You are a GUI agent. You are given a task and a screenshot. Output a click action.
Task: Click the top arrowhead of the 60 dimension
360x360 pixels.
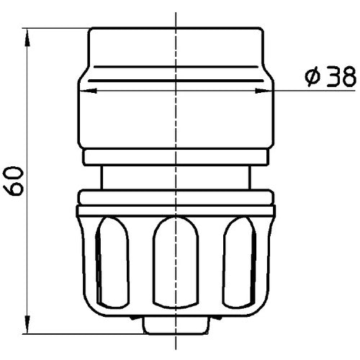(x=27, y=33)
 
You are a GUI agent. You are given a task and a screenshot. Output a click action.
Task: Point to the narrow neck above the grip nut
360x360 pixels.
(x=176, y=177)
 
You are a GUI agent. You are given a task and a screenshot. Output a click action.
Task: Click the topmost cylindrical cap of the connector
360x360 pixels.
(x=176, y=47)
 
